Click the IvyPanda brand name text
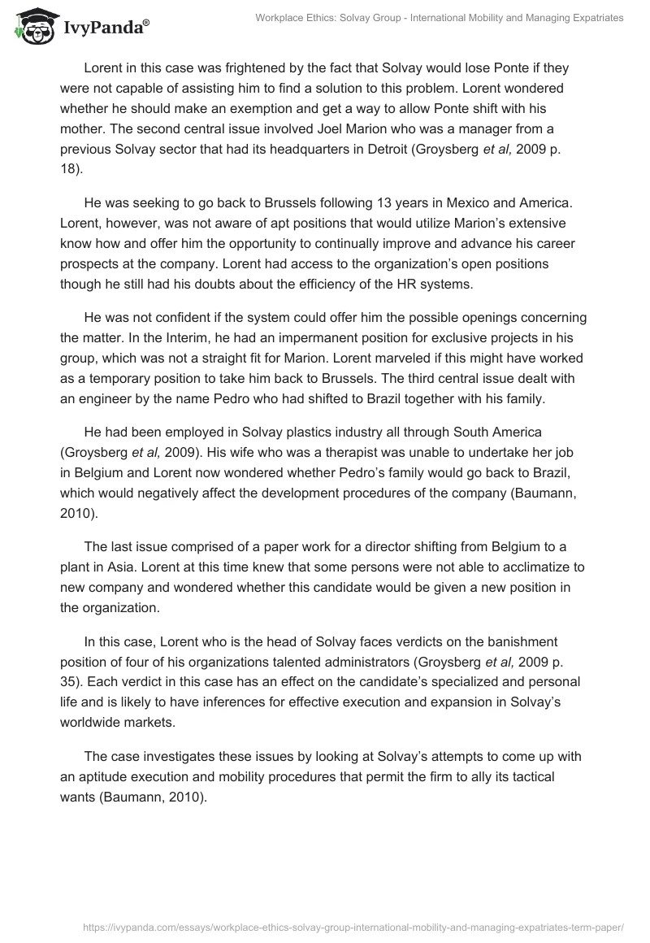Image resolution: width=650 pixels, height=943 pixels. pyautogui.click(x=106, y=28)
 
